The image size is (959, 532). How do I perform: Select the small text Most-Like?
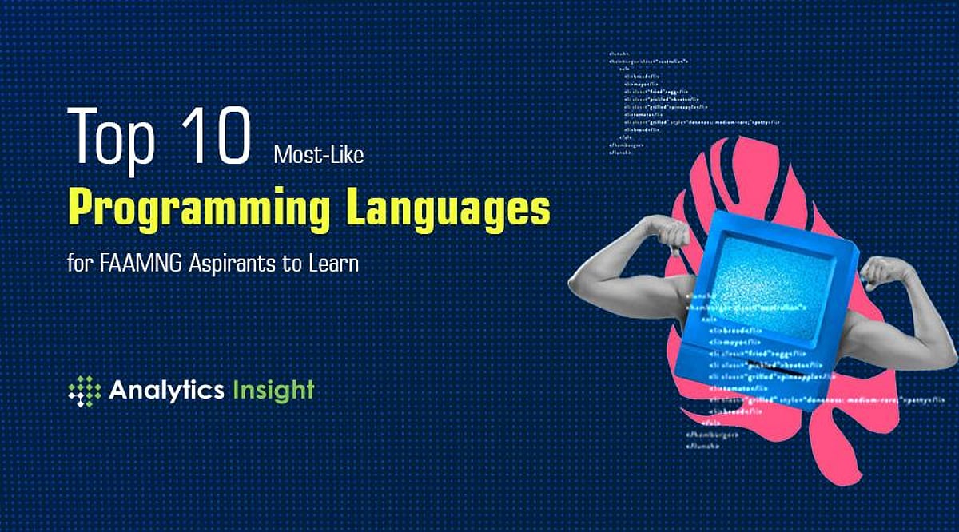click(x=318, y=154)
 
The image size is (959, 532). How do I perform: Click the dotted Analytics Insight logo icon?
click(x=85, y=391)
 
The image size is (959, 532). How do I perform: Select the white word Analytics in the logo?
click(x=166, y=391)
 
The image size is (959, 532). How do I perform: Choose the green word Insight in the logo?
click(x=273, y=391)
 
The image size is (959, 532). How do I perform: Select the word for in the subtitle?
click(x=79, y=263)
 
